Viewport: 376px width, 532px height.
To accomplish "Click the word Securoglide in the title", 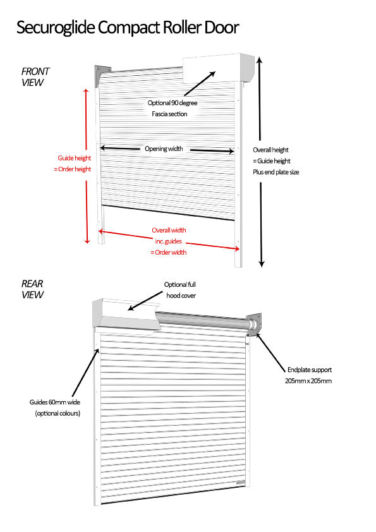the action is (56, 28).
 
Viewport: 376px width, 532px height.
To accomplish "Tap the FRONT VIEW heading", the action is (35, 77).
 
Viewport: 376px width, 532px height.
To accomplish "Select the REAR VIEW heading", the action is (33, 289).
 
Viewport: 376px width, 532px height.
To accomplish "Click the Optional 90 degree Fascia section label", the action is (172, 108).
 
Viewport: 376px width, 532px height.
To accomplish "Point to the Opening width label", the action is (164, 148).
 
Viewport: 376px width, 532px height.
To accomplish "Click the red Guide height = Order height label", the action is (73, 163).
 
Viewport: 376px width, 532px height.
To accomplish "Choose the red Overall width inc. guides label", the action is (169, 241).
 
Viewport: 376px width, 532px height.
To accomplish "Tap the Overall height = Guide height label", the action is (276, 161).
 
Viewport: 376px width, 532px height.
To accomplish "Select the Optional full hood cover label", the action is (180, 290).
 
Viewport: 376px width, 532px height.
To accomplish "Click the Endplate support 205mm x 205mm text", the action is (308, 375).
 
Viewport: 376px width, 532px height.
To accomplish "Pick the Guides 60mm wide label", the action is (55, 408).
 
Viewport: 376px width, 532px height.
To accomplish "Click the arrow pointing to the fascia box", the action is (200, 83).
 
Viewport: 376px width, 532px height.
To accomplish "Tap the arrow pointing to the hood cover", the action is (146, 301).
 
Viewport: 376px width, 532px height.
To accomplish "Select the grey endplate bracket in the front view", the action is (102, 75).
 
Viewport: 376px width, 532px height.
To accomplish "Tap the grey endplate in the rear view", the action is (255, 325).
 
